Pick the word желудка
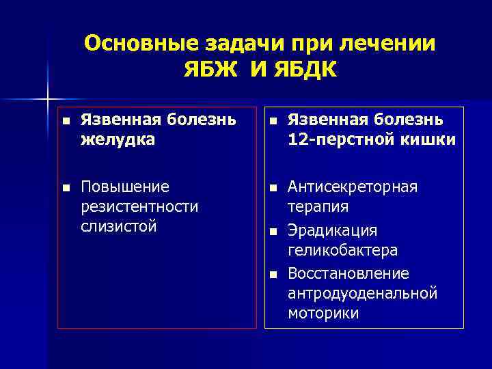tap(118, 139)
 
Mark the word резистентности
tap(139, 206)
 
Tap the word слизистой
tap(119, 225)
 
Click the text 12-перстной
tap(338, 139)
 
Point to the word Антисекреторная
tap(353, 187)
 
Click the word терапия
tap(318, 206)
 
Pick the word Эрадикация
tap(332, 230)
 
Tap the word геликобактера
tap(343, 250)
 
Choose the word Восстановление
tap(348, 273)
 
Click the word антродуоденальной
tap(362, 293)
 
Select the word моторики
tap(323, 313)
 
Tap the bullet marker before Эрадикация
tap(272, 231)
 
